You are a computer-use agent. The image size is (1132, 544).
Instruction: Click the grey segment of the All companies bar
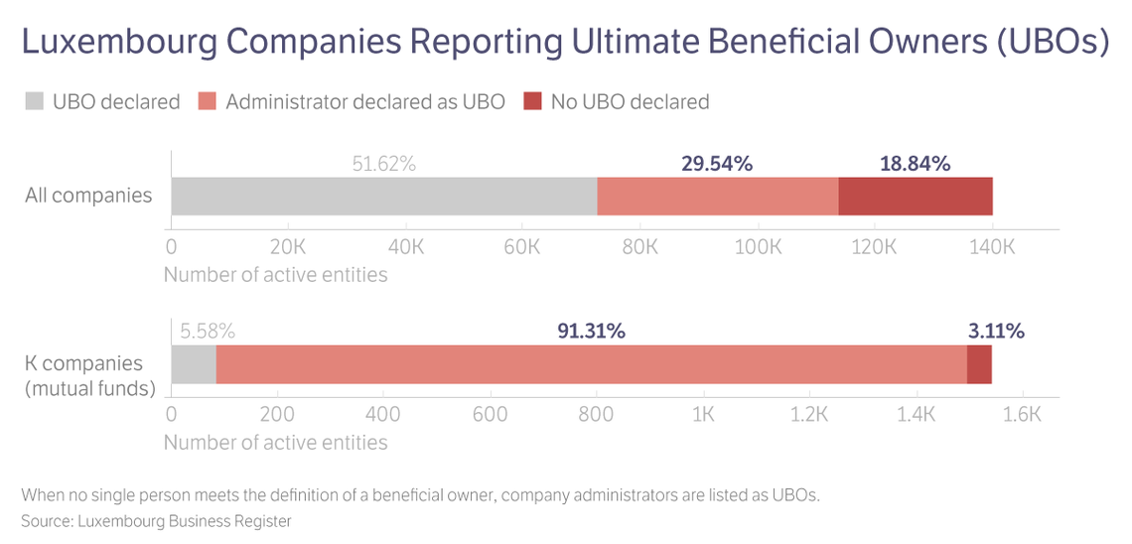pos(383,197)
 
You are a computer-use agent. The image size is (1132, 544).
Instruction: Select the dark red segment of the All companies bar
pos(916,197)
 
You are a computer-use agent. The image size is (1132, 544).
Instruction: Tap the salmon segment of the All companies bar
pos(718,197)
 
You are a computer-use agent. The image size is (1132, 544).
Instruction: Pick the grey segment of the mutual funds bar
pos(194,364)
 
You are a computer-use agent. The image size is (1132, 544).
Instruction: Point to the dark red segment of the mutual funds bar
pos(979,364)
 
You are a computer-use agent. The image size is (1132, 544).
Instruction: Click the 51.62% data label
pos(383,164)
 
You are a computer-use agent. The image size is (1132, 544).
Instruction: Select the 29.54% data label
pos(717,164)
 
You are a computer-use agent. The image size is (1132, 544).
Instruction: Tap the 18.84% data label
pos(915,164)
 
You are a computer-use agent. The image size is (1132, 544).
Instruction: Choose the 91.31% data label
pos(591,332)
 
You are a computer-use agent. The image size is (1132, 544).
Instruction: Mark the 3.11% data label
pos(996,332)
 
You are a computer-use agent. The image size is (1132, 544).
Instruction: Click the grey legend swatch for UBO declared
pos(35,101)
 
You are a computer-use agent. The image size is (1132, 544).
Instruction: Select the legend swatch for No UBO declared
pos(532,101)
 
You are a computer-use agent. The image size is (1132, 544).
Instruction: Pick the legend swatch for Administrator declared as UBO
pos(208,101)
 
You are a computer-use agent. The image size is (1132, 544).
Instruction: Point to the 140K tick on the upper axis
pos(992,246)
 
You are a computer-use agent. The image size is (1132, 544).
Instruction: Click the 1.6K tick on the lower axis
pos(1022,414)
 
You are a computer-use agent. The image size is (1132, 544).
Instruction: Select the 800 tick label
pos(596,414)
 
